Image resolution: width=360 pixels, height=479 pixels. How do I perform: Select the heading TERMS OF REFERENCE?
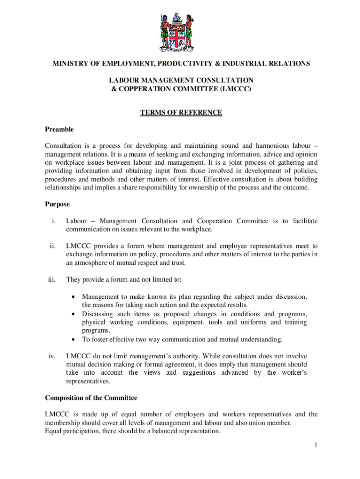(x=181, y=113)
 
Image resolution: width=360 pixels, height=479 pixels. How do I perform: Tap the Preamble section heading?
(x=59, y=129)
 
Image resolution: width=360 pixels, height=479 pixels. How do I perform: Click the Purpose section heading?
(x=57, y=204)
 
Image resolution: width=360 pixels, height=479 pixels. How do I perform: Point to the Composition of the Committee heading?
(x=91, y=398)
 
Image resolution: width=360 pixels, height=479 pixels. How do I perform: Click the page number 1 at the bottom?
(x=316, y=445)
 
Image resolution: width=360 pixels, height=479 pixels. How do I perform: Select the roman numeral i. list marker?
(x=54, y=221)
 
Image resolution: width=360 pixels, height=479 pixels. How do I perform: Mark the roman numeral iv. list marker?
(x=52, y=356)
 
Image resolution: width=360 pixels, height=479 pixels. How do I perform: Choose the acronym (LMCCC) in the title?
(x=234, y=88)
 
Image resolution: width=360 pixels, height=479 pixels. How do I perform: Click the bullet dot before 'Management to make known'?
(x=74, y=297)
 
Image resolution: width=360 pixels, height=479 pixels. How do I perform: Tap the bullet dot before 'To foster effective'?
(x=74, y=339)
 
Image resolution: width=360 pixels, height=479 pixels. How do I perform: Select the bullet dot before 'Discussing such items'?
(x=74, y=314)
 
